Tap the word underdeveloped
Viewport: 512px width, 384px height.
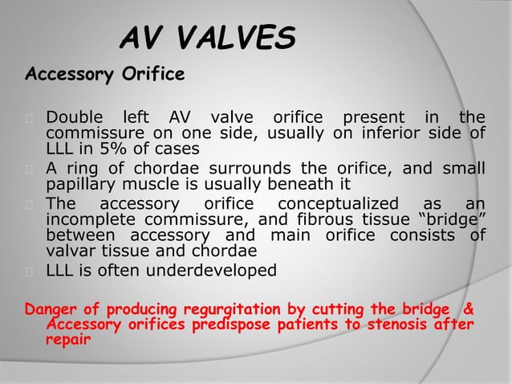coord(209,271)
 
